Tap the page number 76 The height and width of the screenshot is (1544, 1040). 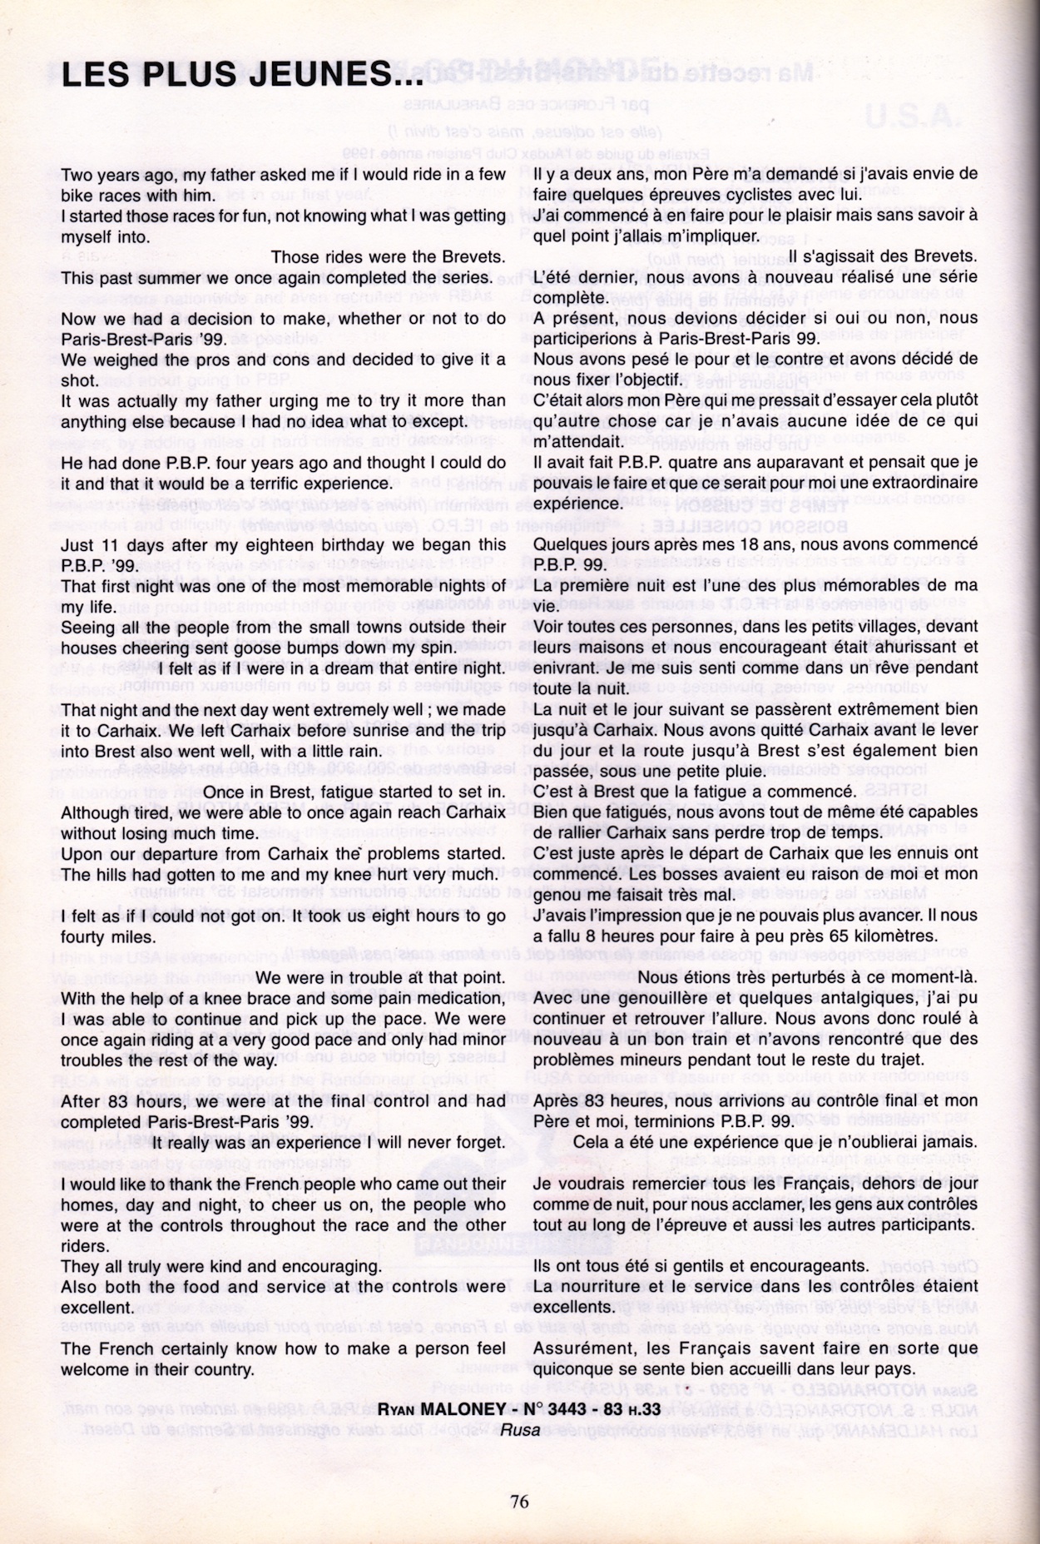click(x=520, y=1501)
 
